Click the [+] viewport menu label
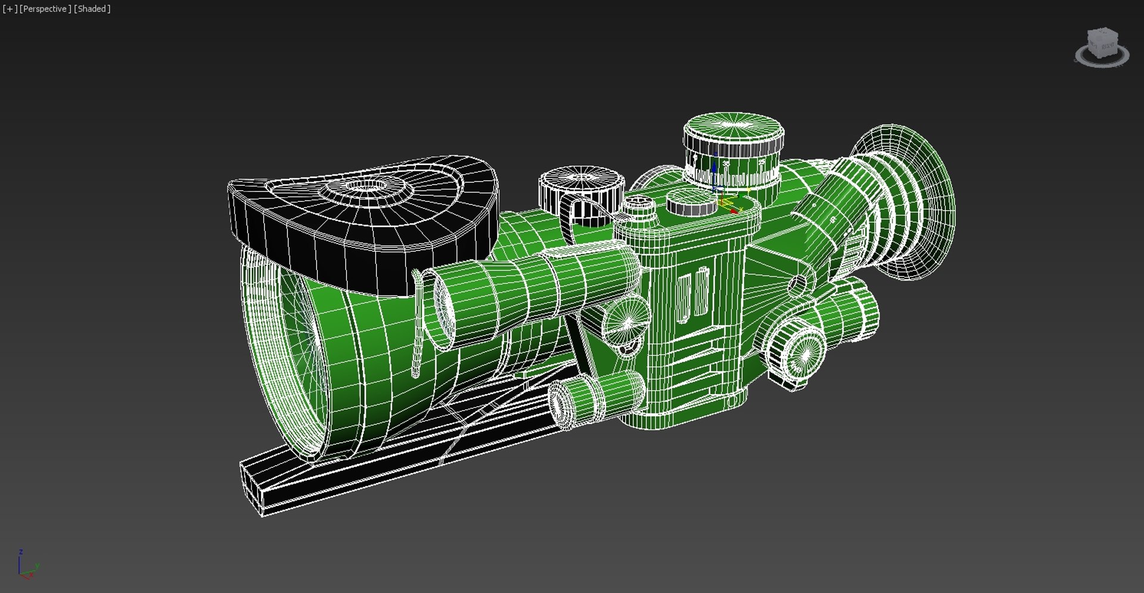(10, 9)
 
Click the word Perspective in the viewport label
(45, 9)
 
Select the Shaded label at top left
(92, 9)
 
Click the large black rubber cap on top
(363, 220)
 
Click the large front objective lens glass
(292, 351)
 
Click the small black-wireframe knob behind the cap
(581, 188)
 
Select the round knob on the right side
(795, 351)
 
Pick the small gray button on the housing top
(691, 205)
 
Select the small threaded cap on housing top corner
(638, 205)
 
